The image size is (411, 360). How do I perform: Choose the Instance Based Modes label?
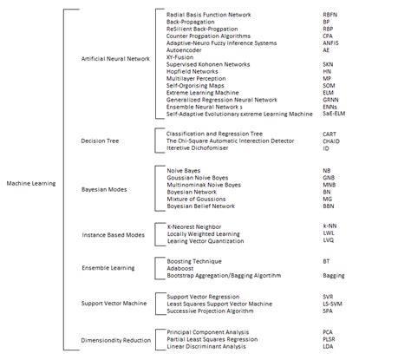tap(113, 234)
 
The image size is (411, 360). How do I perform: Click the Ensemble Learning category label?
tap(108, 269)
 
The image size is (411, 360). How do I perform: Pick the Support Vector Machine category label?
tap(114, 304)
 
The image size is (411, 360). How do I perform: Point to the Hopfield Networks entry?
tap(193, 70)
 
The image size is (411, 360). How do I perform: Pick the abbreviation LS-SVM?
tap(331, 303)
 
